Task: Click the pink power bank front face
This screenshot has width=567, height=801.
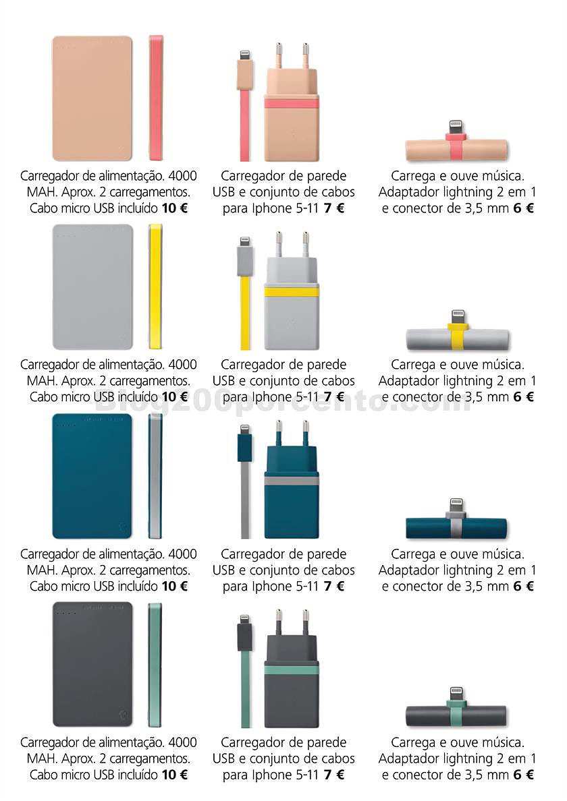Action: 92,98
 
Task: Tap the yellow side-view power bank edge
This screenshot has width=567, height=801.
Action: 155,287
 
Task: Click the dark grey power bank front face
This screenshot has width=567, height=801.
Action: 92,664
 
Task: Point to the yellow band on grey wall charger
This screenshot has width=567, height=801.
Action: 292,292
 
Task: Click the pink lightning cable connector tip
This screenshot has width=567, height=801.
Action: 246,54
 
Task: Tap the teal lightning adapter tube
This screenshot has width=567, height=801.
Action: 456,528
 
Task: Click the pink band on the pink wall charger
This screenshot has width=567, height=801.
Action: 292,104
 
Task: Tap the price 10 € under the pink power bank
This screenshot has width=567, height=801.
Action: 175,208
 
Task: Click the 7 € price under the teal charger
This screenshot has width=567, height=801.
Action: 334,587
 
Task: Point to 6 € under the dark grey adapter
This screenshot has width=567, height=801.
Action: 524,775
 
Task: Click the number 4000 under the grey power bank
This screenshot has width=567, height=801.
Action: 182,365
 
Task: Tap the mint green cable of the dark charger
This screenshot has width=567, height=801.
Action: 246,690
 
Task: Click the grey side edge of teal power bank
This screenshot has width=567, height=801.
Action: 155,476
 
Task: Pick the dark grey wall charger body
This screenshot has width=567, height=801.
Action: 292,680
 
